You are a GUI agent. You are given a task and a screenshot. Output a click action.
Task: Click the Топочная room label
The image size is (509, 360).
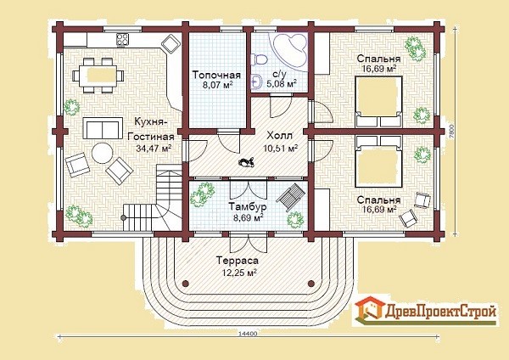pyautogui.click(x=216, y=75)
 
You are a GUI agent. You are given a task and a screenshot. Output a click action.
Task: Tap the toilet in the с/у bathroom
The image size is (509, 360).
pyautogui.click(x=260, y=60)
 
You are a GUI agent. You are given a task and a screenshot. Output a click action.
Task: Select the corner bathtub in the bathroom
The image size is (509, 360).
pyautogui.click(x=290, y=51)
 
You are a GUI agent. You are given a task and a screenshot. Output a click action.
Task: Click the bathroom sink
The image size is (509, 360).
pyautogui.click(x=256, y=82)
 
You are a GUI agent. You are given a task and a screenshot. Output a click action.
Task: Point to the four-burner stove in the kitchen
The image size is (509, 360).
pyautogui.click(x=123, y=40)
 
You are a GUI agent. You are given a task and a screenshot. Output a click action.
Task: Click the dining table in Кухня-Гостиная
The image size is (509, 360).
pyautogui.click(x=98, y=76)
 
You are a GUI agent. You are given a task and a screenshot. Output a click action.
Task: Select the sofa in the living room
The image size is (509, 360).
pyautogui.click(x=103, y=128)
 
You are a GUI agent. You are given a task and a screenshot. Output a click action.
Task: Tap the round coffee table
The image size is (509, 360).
pyautogui.click(x=103, y=154)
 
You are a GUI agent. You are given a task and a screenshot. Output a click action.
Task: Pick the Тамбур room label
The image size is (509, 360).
pyautogui.click(x=248, y=206)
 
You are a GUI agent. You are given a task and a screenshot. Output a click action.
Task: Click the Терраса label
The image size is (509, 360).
pyautogui.click(x=238, y=261)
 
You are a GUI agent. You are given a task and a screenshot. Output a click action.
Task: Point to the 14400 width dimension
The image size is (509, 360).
pyautogui.click(x=248, y=334)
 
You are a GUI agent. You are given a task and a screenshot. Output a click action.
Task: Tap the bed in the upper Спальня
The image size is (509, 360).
pyautogui.click(x=379, y=101)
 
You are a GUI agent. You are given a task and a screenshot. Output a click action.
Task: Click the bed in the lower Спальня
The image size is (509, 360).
pyautogui.click(x=379, y=161)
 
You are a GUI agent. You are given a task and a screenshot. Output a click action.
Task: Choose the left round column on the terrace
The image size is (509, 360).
pyautogui.click(x=185, y=283)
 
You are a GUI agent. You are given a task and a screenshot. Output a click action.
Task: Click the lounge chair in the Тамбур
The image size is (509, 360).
pyautogui.click(x=291, y=197)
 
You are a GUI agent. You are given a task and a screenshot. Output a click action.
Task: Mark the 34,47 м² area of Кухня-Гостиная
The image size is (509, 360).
pyautogui.click(x=154, y=149)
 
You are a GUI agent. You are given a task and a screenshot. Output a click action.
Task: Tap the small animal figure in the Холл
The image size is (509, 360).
pyautogui.click(x=246, y=161)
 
